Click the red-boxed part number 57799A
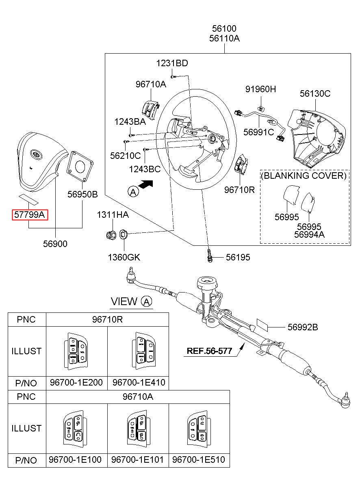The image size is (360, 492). coord(30,215)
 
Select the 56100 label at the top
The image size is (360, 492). coord(224,28)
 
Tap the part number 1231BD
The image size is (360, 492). coord(172,63)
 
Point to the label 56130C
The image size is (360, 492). coord(315,94)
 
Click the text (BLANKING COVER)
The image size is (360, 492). coord(304,176)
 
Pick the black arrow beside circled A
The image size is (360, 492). coord(146,184)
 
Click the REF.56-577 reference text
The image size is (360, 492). coord(209,351)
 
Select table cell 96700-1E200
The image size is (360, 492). coord(76,382)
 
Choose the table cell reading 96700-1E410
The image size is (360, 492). coord(139,382)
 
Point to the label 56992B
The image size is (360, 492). coord(303,327)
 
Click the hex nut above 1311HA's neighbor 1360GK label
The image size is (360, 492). coord(111,235)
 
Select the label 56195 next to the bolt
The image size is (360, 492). coord(238,257)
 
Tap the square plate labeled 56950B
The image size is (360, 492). coord(80,166)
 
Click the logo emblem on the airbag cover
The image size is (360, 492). coord(36,154)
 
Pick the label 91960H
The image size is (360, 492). coord(260,89)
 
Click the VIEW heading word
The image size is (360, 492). coord(124,301)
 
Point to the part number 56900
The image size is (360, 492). coord(55,244)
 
